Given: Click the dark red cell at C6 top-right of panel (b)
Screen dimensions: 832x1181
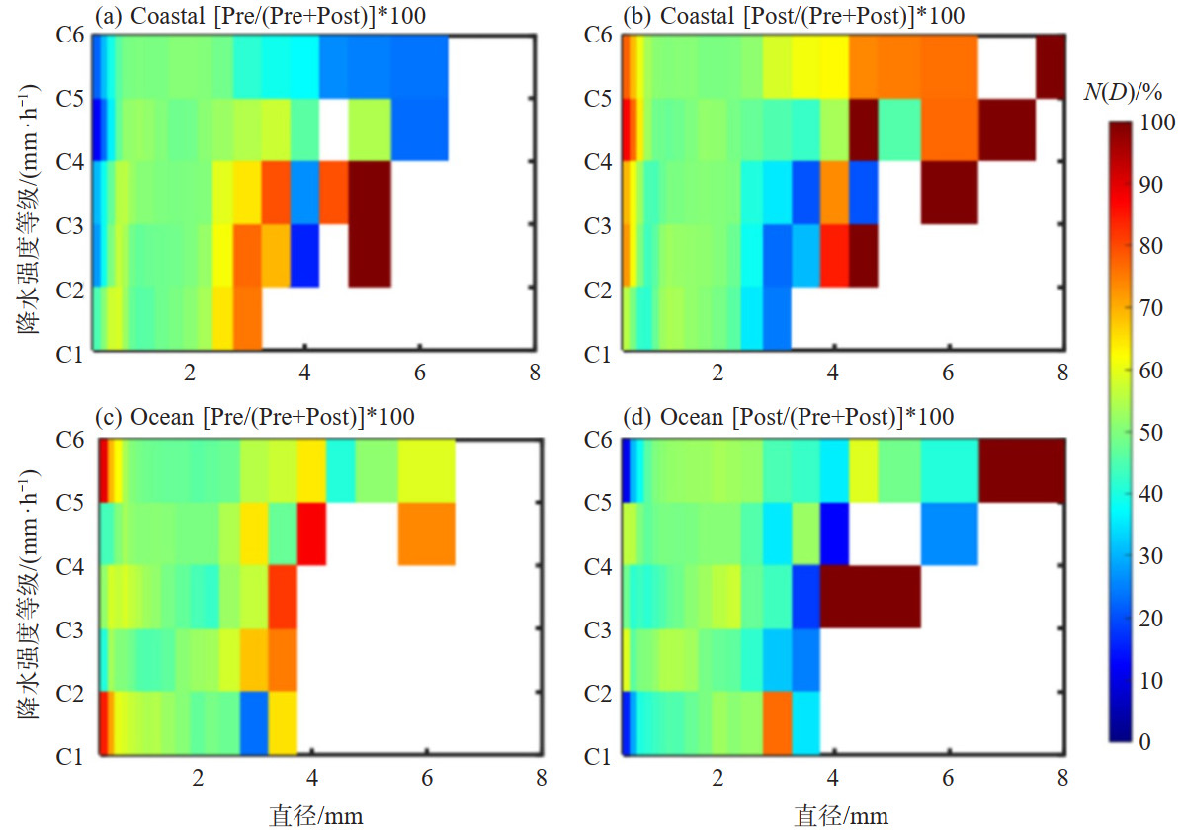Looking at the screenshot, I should point(1051,66).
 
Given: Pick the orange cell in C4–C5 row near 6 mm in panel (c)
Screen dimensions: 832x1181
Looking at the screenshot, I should point(426,534).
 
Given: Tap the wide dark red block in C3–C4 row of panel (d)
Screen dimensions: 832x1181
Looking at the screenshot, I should point(870,596).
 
